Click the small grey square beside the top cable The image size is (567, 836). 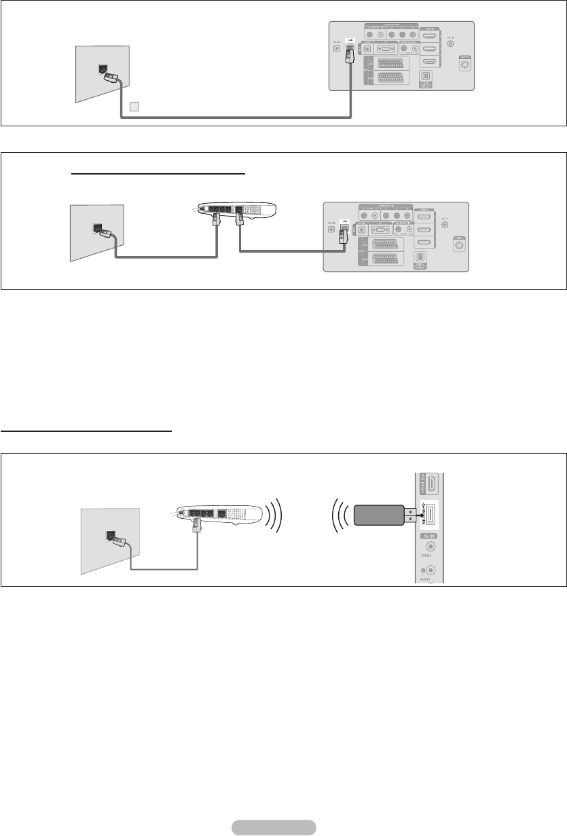pyautogui.click(x=134, y=106)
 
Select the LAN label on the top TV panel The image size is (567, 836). pyautogui.click(x=350, y=40)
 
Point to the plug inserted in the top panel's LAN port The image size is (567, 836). pyautogui.click(x=350, y=54)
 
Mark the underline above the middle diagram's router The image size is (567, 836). pyautogui.click(x=158, y=173)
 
